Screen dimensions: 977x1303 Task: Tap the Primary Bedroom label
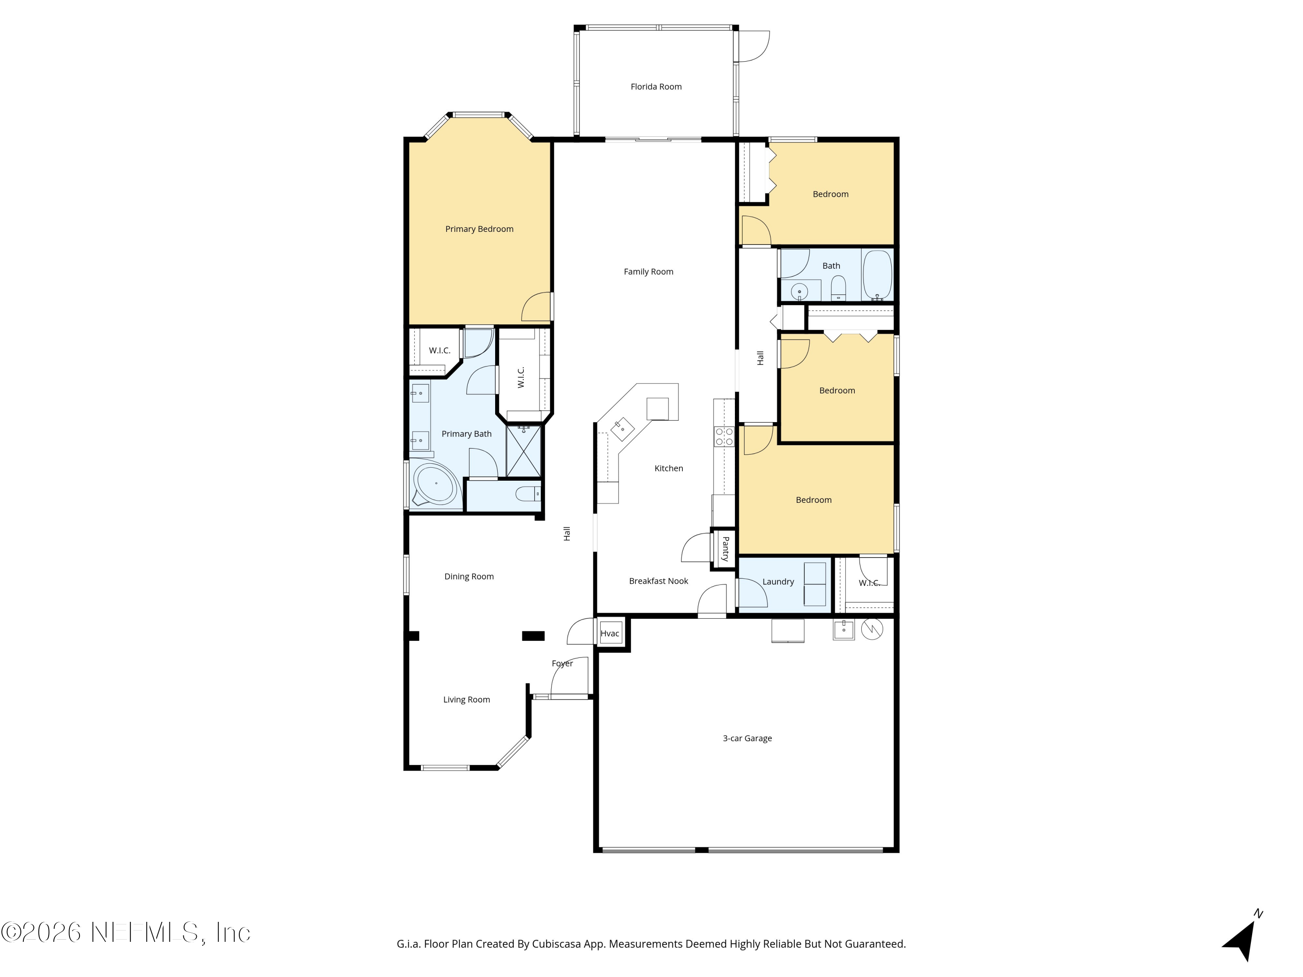point(479,229)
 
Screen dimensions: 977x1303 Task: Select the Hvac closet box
point(610,634)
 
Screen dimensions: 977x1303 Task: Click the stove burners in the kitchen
point(724,436)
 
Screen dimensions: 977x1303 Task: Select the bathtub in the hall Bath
point(877,275)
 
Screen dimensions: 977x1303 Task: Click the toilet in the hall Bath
point(838,289)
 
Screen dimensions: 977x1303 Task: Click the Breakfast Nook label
point(658,581)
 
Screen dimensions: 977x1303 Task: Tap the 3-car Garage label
point(747,739)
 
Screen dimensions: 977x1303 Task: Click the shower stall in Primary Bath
point(523,451)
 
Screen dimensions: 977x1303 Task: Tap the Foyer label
point(562,663)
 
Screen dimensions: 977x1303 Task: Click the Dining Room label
point(469,577)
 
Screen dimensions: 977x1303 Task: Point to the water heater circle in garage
point(872,629)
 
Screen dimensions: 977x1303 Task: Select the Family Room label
point(648,271)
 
